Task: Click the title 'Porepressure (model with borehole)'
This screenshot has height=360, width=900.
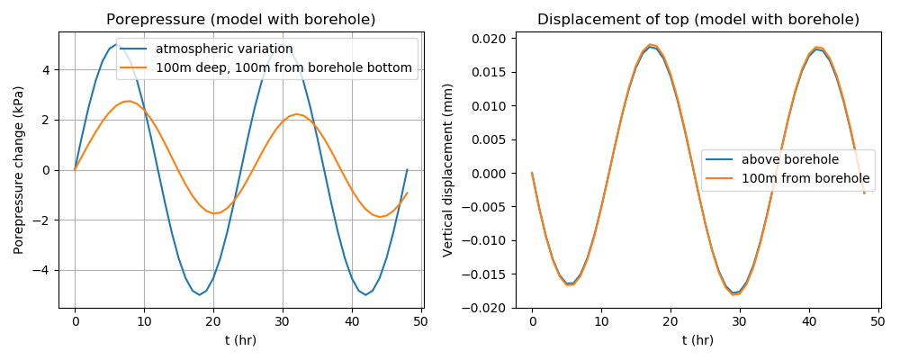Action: click(x=241, y=20)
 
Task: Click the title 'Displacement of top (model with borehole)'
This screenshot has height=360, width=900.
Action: click(x=698, y=20)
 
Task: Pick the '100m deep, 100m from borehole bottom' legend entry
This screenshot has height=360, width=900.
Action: click(x=283, y=67)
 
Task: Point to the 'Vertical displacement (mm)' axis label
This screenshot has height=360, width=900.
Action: click(x=448, y=170)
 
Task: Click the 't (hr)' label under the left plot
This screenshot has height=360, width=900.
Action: click(x=241, y=340)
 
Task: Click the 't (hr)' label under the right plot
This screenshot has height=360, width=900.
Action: click(x=698, y=340)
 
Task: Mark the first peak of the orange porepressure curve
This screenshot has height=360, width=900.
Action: click(x=130, y=101)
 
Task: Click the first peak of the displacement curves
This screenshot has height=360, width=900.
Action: click(x=650, y=45)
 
